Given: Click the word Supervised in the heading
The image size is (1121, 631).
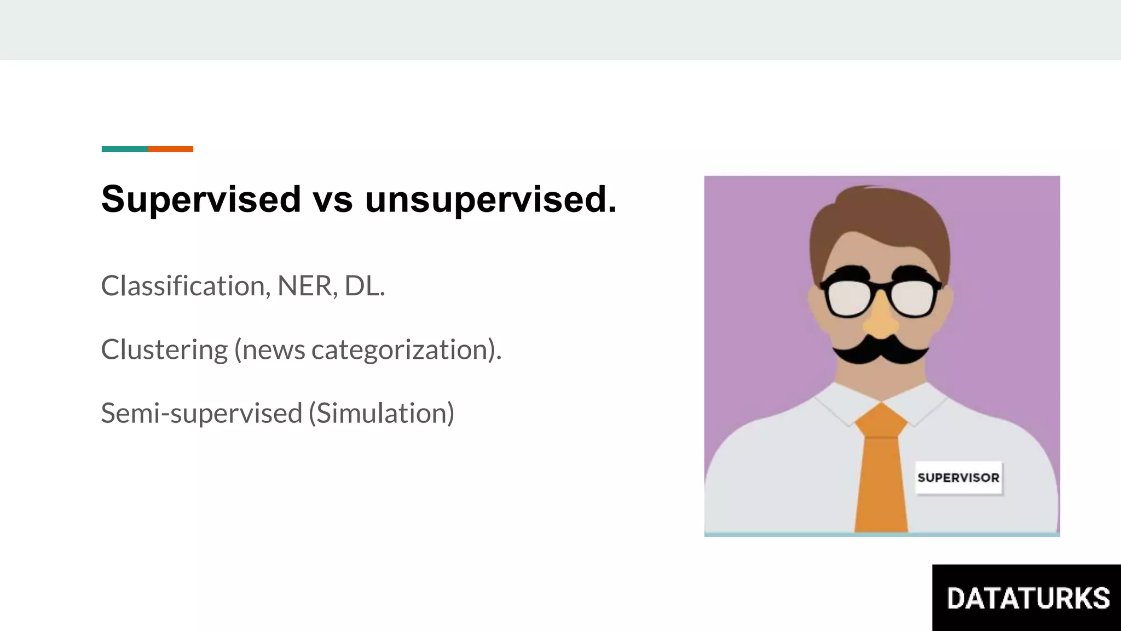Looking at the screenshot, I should pyautogui.click(x=201, y=199).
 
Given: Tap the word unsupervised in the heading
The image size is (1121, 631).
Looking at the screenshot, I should pyautogui.click(x=490, y=199).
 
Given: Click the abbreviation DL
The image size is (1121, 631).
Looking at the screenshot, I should pyautogui.click(x=363, y=286).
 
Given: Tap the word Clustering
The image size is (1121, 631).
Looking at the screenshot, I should pyautogui.click(x=164, y=350).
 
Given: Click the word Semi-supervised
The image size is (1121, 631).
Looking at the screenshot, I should pyautogui.click(x=201, y=413).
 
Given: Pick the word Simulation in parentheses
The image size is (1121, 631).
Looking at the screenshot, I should pyautogui.click(x=382, y=413).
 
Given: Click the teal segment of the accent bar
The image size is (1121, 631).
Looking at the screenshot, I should pyautogui.click(x=124, y=149).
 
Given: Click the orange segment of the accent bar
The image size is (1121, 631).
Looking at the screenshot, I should pyautogui.click(x=170, y=149).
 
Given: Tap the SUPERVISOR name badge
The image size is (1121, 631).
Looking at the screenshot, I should pyautogui.click(x=958, y=478).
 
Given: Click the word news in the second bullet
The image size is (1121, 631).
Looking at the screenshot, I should pyautogui.click(x=274, y=350).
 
